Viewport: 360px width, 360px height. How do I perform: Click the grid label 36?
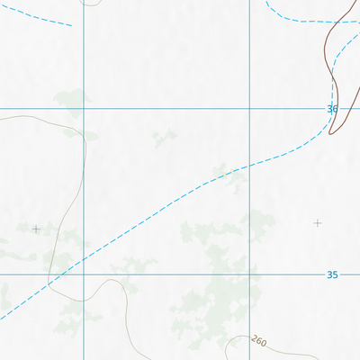(x=332, y=109)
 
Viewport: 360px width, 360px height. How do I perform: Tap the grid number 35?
(x=332, y=274)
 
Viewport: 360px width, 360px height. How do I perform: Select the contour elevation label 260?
(x=259, y=341)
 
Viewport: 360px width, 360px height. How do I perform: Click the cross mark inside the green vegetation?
(x=36, y=229)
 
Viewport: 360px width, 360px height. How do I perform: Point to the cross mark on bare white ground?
(x=317, y=222)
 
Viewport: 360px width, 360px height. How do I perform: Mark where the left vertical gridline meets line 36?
(x=84, y=109)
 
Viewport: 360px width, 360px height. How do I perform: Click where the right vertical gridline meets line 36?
(x=249, y=109)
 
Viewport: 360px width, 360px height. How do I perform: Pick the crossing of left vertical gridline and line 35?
(x=84, y=274)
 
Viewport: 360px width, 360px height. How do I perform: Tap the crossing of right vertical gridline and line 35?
(x=249, y=274)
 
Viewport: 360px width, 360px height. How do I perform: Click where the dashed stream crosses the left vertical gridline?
(x=84, y=258)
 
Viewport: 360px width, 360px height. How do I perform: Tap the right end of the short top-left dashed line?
(x=71, y=25)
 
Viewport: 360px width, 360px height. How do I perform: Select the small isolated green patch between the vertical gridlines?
(x=164, y=138)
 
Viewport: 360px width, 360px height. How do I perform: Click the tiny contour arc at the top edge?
(x=90, y=4)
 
